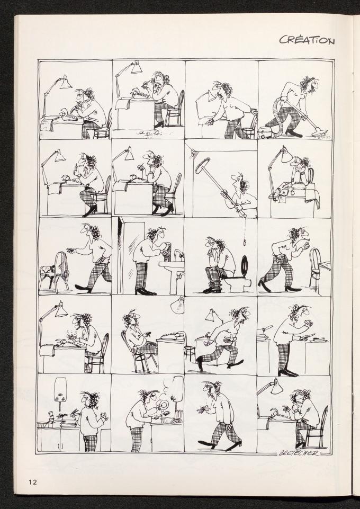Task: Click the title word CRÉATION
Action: click(307, 40)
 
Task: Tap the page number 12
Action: click(32, 481)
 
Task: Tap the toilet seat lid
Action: click(245, 264)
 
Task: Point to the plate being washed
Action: click(164, 406)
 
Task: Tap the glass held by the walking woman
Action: click(206, 408)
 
